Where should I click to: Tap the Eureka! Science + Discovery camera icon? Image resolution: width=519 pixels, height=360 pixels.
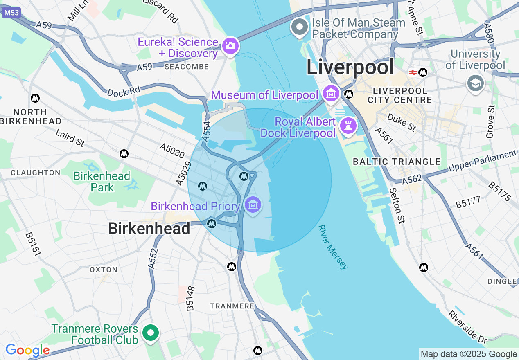click(230, 45)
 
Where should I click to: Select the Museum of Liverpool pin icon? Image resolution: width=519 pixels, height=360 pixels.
click(331, 94)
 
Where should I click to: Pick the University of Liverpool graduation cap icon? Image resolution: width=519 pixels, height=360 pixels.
click(475, 83)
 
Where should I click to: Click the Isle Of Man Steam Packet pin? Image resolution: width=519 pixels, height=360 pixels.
click(300, 27)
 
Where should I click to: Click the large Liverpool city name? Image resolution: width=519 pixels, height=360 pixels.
click(350, 67)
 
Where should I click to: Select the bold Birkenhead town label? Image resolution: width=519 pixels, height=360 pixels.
click(149, 228)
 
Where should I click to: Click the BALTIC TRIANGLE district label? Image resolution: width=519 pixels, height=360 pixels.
click(397, 162)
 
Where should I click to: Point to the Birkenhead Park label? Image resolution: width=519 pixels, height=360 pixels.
click(102, 182)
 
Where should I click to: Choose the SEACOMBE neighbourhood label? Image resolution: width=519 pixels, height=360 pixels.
click(186, 67)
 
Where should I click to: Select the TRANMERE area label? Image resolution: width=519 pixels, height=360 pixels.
click(232, 306)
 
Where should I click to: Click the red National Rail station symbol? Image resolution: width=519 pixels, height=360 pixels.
click(413, 72)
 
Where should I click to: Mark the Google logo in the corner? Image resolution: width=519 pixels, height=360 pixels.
click(27, 351)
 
